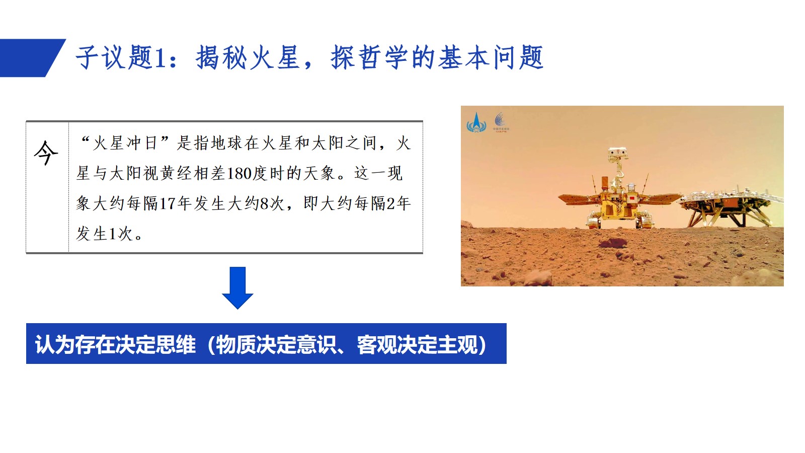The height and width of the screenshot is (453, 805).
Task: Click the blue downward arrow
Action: [x=237, y=287]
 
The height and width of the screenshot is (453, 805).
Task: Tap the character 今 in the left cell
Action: [x=46, y=153]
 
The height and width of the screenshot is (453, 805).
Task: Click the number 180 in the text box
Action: [x=239, y=173]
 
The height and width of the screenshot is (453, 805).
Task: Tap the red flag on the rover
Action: [x=631, y=198]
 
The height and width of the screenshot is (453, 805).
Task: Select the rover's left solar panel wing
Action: [x=579, y=199]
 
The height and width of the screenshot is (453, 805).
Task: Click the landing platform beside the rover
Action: [x=730, y=207]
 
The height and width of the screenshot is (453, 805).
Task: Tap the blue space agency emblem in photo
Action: [x=476, y=123]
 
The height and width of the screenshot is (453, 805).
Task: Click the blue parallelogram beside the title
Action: [x=32, y=58]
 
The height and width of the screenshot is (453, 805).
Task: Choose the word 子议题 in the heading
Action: [x=114, y=57]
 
